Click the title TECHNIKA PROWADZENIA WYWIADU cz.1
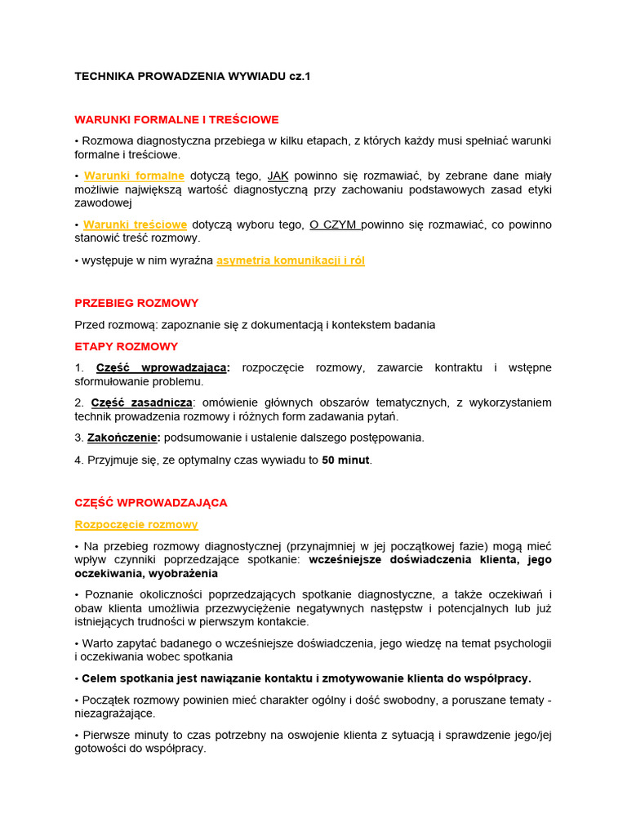[x=193, y=76]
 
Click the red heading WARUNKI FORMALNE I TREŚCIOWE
[x=177, y=119]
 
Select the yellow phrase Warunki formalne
[x=134, y=176]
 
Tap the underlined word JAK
[x=278, y=176]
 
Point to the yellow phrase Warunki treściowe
[x=136, y=225]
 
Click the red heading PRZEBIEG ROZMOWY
[x=136, y=303]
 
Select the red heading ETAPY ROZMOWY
[x=127, y=346]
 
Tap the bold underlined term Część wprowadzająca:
[x=163, y=367]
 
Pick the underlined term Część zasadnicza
[x=142, y=402]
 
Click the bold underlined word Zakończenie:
[x=124, y=438]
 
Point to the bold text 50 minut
[x=346, y=460]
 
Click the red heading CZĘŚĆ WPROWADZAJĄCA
[x=151, y=503]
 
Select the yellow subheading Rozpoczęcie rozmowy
[x=136, y=524]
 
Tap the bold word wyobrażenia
[x=172, y=574]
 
